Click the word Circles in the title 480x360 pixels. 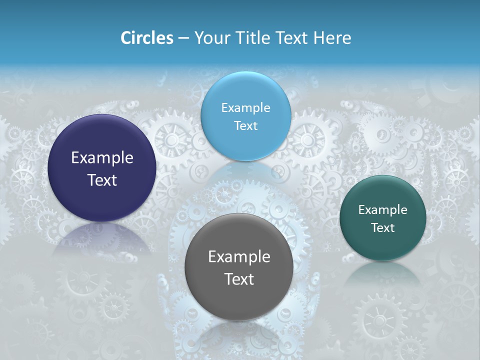point(147,38)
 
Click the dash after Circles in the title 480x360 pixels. point(183,38)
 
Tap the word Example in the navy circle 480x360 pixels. point(102,158)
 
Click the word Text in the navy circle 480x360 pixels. point(102,180)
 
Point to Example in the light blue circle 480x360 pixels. point(245,107)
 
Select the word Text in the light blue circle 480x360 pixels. point(245,125)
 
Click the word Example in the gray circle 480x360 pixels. point(239,257)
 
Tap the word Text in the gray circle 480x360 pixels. point(239,279)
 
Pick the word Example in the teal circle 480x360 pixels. point(383,210)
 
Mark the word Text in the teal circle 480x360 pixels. point(383,228)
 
